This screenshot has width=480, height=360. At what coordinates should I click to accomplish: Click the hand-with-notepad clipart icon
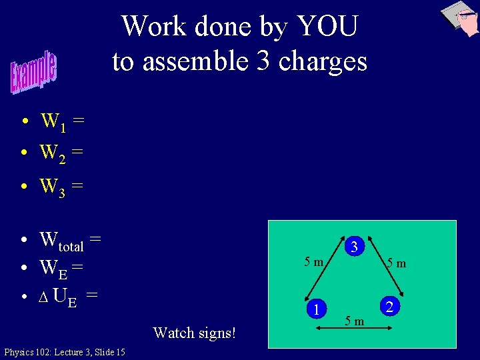pos(461,19)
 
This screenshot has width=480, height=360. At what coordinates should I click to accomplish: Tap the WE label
pos(54,269)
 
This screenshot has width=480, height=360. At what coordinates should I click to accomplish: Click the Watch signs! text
pos(194,332)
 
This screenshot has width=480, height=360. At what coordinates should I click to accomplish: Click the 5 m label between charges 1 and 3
pos(313,261)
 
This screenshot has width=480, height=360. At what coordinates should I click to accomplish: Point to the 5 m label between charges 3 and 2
pos(397,263)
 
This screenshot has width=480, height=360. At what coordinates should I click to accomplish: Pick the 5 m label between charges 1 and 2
pos(355,322)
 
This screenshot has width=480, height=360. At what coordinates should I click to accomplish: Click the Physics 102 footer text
pos(64,352)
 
